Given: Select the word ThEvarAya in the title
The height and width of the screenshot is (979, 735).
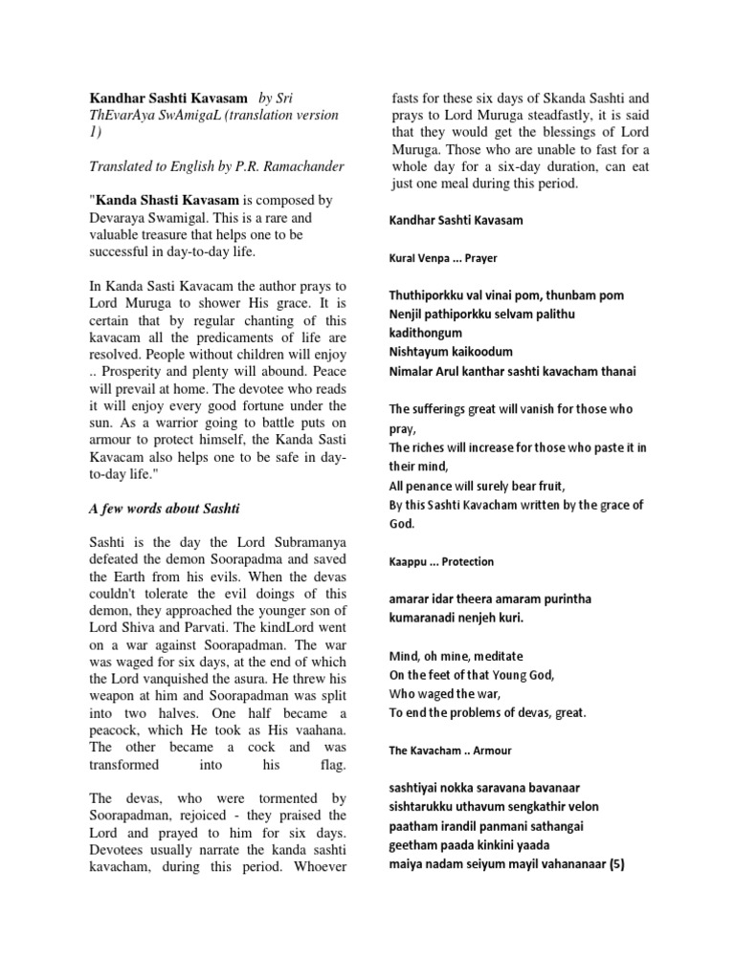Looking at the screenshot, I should pos(122,116).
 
